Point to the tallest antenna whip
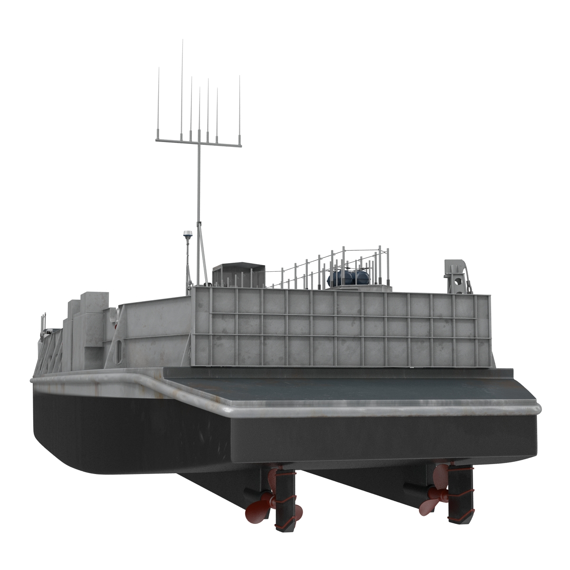pos(182,85)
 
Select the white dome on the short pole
pos(187,234)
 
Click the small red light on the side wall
pos(116,325)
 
